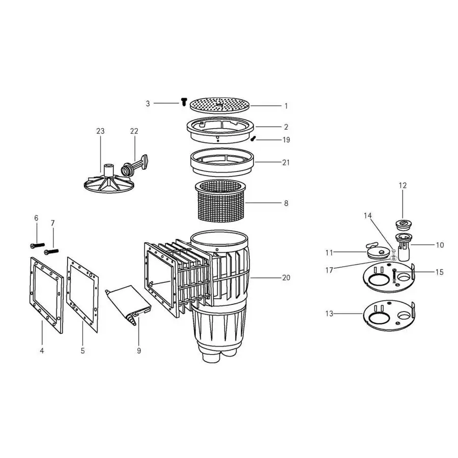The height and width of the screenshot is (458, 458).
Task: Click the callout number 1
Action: pos(286,106)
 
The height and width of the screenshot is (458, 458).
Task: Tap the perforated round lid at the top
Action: pos(220,104)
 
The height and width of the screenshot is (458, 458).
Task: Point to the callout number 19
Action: pos(287,140)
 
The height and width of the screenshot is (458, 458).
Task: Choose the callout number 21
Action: pos(286,163)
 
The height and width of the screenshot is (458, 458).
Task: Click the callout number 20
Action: pos(286,278)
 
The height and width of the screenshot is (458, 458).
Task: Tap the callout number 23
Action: pos(100,131)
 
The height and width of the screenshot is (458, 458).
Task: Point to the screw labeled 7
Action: pos(52,251)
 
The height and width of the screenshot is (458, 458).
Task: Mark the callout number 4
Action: pos(42,351)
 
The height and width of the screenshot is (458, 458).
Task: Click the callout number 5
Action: pos(82,351)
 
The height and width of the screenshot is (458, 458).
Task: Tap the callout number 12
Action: pos(403,186)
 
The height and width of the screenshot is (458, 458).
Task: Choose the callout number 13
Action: pos(330,314)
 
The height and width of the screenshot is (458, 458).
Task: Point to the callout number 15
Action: pos(439,272)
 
